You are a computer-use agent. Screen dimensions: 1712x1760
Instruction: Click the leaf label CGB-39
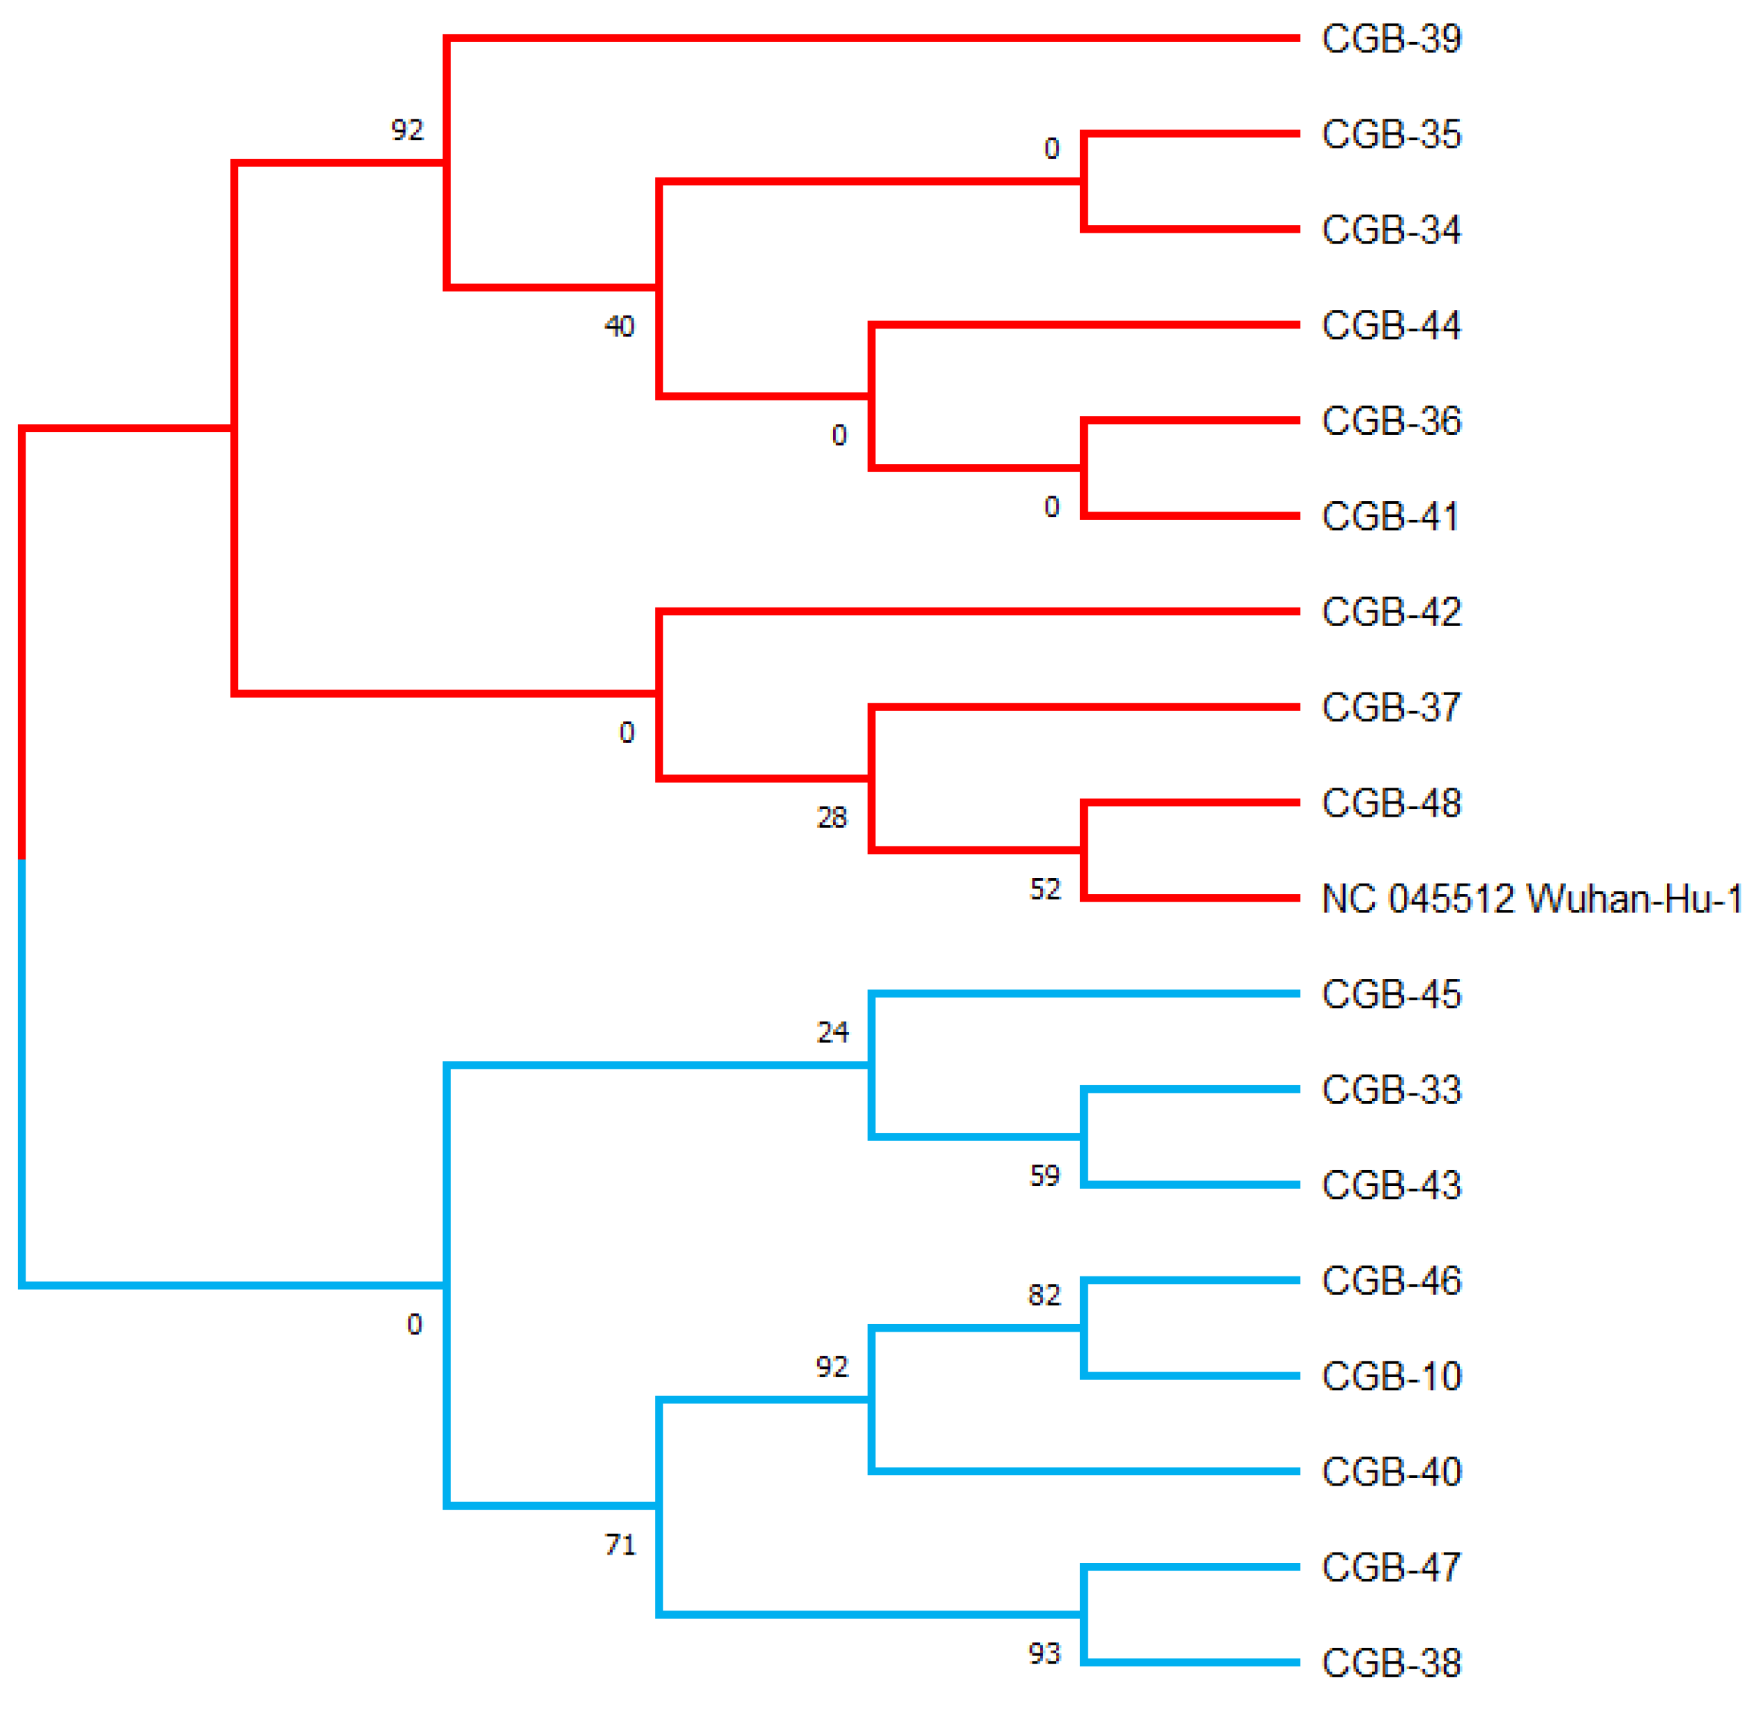coord(1391,39)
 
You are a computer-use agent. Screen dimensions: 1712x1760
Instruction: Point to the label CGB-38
coord(1391,1664)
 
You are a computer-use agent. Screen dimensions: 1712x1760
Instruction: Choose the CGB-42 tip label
coord(1391,612)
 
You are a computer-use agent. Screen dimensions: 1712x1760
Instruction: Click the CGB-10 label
coord(1391,1377)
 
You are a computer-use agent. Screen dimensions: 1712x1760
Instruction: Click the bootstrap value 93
coord(1044,1653)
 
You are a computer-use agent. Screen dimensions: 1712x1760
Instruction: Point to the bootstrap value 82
coord(1044,1296)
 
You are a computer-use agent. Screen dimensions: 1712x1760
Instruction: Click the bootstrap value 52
coord(1044,889)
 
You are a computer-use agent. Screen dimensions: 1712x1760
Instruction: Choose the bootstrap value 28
coord(832,817)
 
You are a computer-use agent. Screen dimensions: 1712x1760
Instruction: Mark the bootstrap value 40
coord(619,327)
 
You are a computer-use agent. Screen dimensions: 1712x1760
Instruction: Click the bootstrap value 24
coord(832,1032)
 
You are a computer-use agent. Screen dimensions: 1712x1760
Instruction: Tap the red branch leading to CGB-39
coord(872,38)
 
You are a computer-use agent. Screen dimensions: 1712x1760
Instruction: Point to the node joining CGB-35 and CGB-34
coord(1085,182)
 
